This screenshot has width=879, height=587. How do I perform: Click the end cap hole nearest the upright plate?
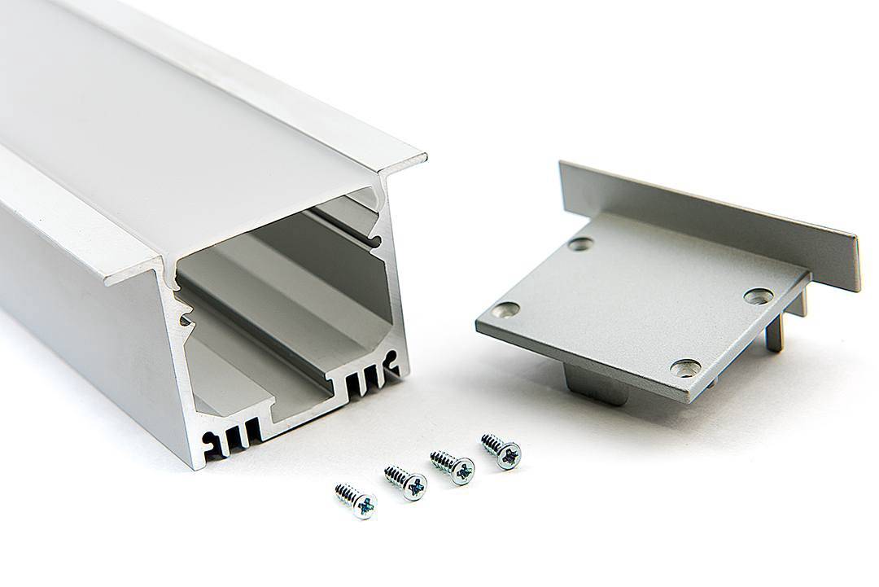tap(580, 243)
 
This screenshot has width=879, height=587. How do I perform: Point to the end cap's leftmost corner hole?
tap(505, 309)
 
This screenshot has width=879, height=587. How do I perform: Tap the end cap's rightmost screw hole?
tap(758, 296)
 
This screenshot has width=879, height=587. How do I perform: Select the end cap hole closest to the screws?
tap(684, 368)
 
